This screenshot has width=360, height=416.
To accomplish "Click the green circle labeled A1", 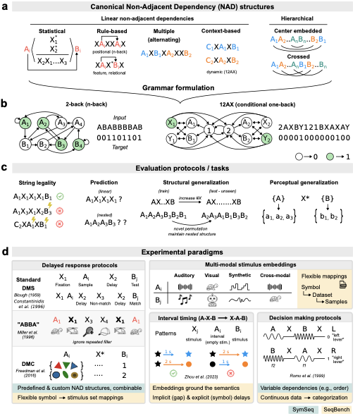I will (x=25, y=123).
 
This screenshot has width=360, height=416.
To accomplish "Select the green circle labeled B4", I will (x=78, y=145).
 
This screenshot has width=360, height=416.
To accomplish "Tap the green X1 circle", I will (x=171, y=123).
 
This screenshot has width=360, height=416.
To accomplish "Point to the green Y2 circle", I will (x=266, y=138).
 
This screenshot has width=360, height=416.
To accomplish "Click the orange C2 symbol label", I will (x=210, y=61).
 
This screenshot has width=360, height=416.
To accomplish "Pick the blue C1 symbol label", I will (x=210, y=47).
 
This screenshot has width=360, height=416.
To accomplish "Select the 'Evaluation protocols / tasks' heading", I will (x=182, y=169).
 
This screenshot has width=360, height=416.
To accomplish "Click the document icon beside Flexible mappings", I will (x=342, y=284).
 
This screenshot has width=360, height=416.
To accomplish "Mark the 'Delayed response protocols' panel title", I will (x=78, y=265).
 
